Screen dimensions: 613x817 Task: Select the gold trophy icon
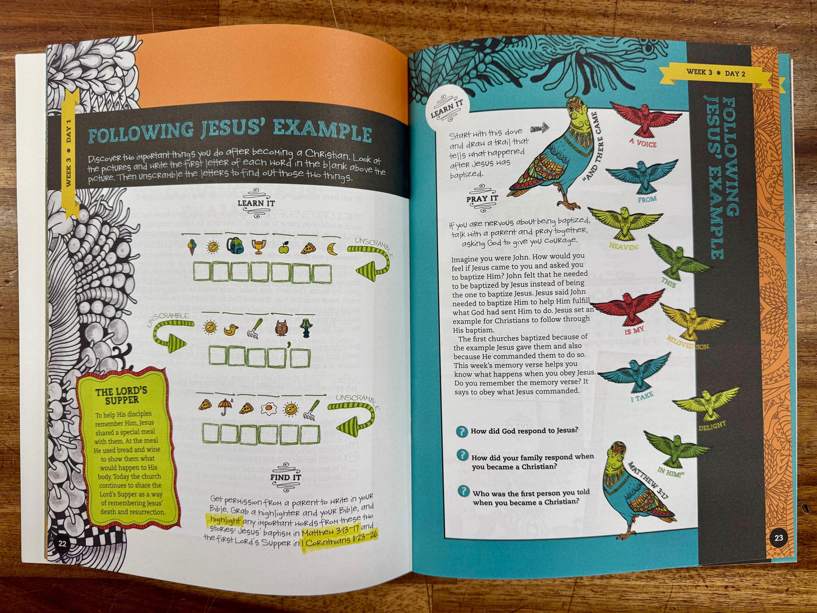(x=258, y=247)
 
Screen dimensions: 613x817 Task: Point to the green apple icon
(x=283, y=247)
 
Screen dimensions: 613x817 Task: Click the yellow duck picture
(x=230, y=329)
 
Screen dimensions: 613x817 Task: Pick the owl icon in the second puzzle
(x=281, y=328)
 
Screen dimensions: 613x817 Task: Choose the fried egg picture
(x=268, y=408)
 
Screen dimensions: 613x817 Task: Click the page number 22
(x=62, y=543)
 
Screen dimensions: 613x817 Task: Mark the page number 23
(x=779, y=538)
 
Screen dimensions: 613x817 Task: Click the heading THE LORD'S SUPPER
(x=121, y=395)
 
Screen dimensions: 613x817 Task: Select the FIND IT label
(x=286, y=477)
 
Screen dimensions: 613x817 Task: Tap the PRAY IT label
(x=482, y=199)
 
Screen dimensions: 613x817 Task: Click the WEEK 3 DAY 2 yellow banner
(x=716, y=73)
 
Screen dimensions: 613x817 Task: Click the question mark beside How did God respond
(x=461, y=431)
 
